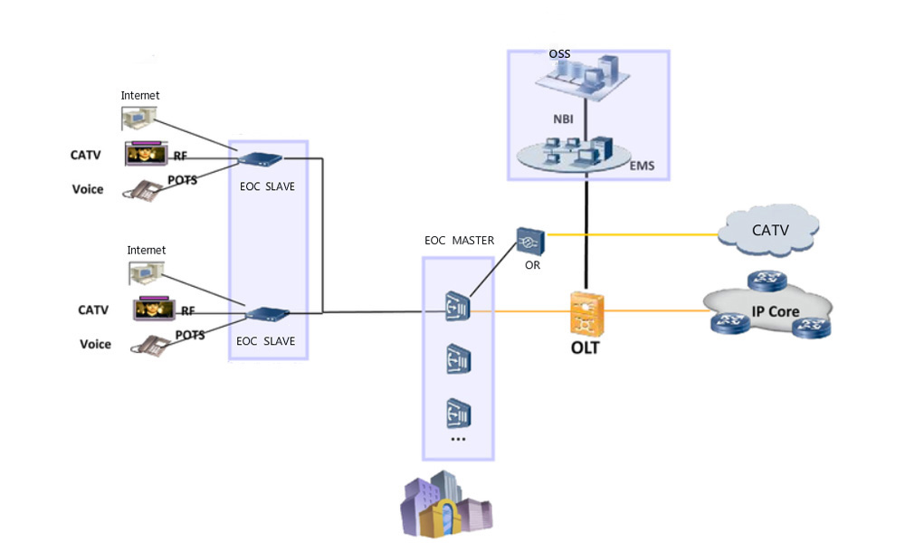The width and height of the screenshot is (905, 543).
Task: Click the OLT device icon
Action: pos(587,313)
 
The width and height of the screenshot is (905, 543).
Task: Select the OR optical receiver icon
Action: pos(529,240)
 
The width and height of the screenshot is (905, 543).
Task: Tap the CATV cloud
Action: pos(770,230)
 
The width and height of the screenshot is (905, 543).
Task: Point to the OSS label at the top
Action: pos(559,54)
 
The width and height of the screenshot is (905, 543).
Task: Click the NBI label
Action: pos(563,118)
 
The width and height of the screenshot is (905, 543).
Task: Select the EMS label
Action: pos(643,166)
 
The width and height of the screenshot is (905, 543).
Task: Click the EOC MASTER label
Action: pos(460,241)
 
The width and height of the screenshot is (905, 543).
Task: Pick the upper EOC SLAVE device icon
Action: pos(260,159)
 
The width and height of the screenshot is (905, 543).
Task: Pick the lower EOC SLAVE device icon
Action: pos(267,315)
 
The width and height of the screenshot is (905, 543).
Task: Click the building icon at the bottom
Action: pos(446,505)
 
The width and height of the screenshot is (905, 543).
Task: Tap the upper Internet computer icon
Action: pos(139,118)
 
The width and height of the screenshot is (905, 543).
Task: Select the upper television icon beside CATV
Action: pos(146,154)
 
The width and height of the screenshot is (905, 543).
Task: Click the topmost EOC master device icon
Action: pos(457,306)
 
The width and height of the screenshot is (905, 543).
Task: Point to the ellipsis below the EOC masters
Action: pos(457,438)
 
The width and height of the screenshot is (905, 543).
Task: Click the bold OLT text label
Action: pos(586,348)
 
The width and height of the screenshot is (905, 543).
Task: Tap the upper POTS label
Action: pos(183,180)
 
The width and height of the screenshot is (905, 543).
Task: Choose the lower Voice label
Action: pos(95,344)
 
